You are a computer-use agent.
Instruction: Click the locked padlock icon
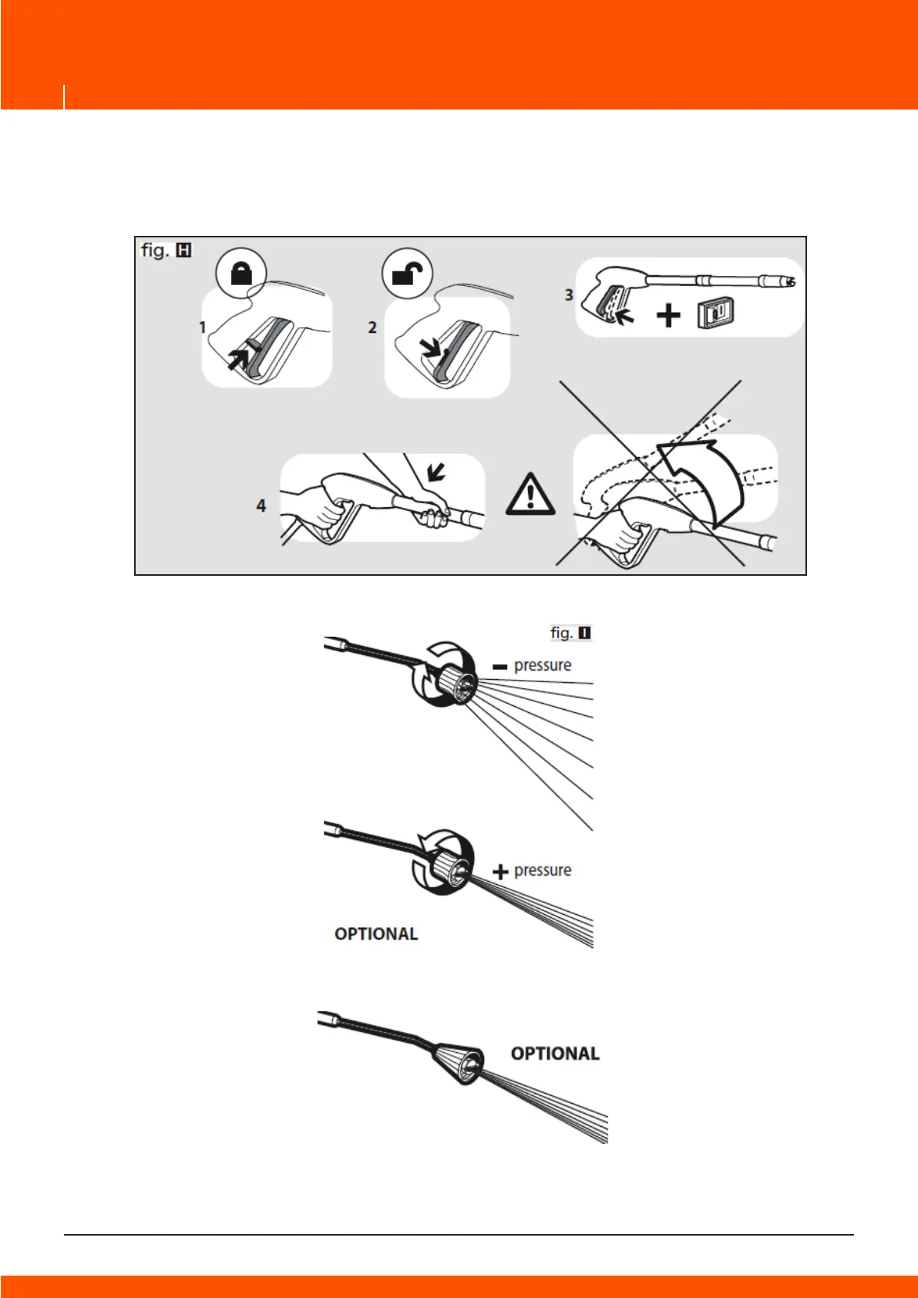click(x=241, y=274)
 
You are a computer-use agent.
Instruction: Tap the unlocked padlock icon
click(x=407, y=274)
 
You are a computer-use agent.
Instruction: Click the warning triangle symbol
click(x=530, y=494)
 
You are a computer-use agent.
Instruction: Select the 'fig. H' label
click(x=166, y=251)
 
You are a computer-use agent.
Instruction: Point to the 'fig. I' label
click(x=570, y=633)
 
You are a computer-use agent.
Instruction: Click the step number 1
click(x=203, y=328)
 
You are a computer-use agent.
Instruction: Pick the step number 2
click(x=372, y=328)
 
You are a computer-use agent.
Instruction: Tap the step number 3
click(x=569, y=294)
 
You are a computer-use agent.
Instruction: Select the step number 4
click(x=261, y=506)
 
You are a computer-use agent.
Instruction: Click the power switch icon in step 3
click(x=715, y=314)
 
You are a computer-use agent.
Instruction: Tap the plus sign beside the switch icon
click(x=668, y=314)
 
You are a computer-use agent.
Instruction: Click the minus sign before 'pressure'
click(x=500, y=667)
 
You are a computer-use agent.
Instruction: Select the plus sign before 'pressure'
click(x=501, y=872)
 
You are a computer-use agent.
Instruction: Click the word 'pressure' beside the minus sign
click(x=543, y=665)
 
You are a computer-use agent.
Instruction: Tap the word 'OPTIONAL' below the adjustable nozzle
click(x=376, y=934)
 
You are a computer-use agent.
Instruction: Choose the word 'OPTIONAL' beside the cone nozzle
click(x=555, y=1054)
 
